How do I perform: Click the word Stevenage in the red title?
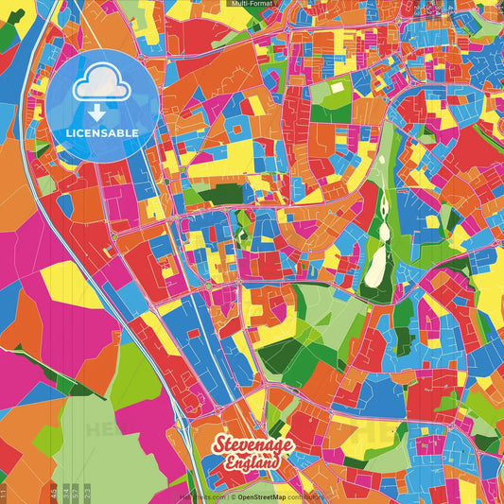[253, 445]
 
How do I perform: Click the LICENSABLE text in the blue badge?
[102, 133]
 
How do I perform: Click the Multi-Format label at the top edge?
[252, 4]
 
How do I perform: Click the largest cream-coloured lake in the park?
[375, 266]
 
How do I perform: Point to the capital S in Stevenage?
[219, 444]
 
